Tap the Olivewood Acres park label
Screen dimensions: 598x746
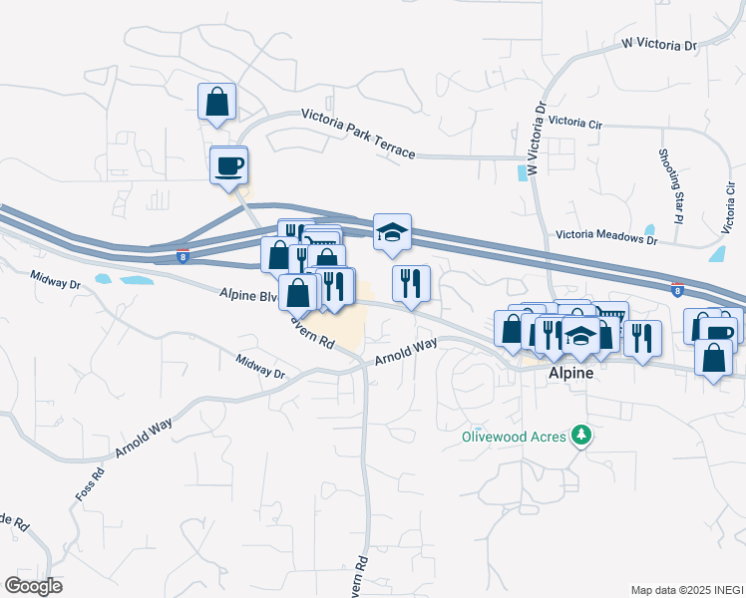[x=513, y=437]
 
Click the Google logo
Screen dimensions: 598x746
[x=33, y=585]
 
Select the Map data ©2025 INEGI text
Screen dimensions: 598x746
[x=686, y=590]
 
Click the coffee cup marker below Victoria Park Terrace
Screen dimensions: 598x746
[x=228, y=163]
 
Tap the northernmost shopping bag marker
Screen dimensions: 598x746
[x=216, y=102]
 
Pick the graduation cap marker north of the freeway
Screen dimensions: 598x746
[x=392, y=232]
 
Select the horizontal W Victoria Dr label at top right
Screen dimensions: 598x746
[x=658, y=44]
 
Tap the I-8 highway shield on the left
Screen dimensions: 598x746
[x=183, y=256]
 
